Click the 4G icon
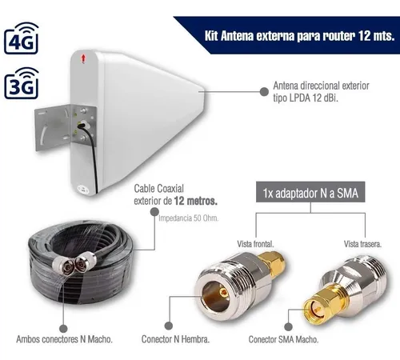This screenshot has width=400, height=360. pos(22,38)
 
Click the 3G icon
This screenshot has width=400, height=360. pos(22,83)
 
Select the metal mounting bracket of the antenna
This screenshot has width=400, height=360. pos(65,129)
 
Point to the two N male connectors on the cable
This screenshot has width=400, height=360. pos(74,262)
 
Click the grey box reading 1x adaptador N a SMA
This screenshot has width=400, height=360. pos(310,192)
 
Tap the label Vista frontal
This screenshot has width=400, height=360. pos(255,244)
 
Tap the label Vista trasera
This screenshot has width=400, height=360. pos(362,244)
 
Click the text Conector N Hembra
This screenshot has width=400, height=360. pos(175,339)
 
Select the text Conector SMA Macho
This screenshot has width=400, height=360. pos(283,339)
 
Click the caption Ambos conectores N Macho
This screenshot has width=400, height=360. pos(64,339)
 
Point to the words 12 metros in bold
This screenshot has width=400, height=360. pos(196,201)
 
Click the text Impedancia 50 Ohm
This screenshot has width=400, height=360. pos(189,218)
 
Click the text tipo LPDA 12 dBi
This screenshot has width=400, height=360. pos(306,98)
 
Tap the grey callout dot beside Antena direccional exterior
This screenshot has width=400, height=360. pos(264,92)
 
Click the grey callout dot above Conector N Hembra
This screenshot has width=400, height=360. pos(169,326)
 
